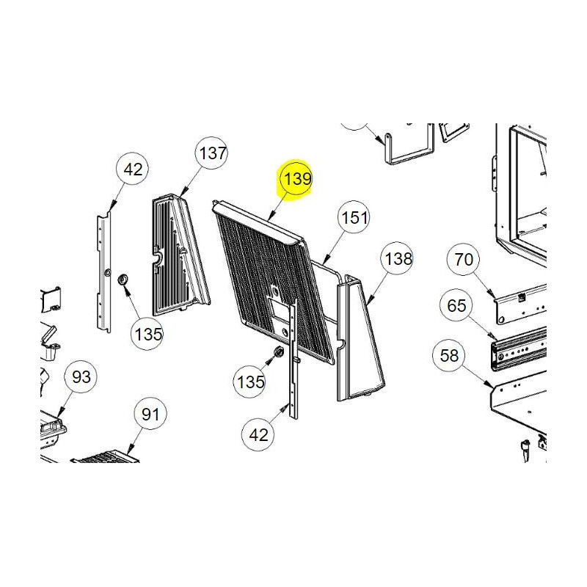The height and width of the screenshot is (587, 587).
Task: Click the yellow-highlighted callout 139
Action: (296, 179)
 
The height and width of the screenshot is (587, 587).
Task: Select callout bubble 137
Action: (212, 153)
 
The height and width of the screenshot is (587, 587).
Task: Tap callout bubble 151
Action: (354, 217)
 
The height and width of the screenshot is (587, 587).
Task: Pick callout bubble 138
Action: (397, 258)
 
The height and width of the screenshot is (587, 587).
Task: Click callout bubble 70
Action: (463, 260)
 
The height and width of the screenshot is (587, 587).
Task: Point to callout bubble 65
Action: (456, 305)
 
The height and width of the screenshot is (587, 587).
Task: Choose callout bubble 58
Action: (448, 355)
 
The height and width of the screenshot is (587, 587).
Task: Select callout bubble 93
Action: (81, 377)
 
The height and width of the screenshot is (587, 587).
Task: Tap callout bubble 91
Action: (150, 415)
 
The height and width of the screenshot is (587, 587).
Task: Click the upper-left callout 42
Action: (133, 169)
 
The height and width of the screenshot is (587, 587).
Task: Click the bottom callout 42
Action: (258, 434)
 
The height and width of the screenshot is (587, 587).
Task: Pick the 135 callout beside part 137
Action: (148, 334)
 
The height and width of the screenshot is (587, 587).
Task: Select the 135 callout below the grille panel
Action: (249, 382)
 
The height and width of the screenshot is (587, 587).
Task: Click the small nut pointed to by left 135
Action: (123, 280)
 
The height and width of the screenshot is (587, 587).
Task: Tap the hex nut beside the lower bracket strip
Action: (278, 351)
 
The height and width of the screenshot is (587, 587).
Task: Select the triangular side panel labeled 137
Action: (181, 255)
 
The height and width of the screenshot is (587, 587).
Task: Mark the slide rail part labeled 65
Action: (519, 348)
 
